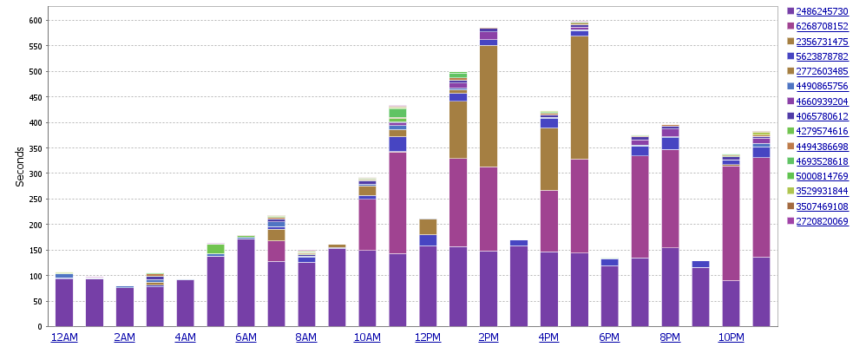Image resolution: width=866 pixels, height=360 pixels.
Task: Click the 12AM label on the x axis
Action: (64, 337)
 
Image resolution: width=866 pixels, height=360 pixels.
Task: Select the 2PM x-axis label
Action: (489, 337)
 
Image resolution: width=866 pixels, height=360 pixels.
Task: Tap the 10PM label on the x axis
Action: (731, 337)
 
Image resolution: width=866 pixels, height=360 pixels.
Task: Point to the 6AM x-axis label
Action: (246, 337)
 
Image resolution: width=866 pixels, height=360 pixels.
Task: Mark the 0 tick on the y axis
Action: (39, 327)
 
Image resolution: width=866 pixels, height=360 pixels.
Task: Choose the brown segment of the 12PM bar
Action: (428, 226)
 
